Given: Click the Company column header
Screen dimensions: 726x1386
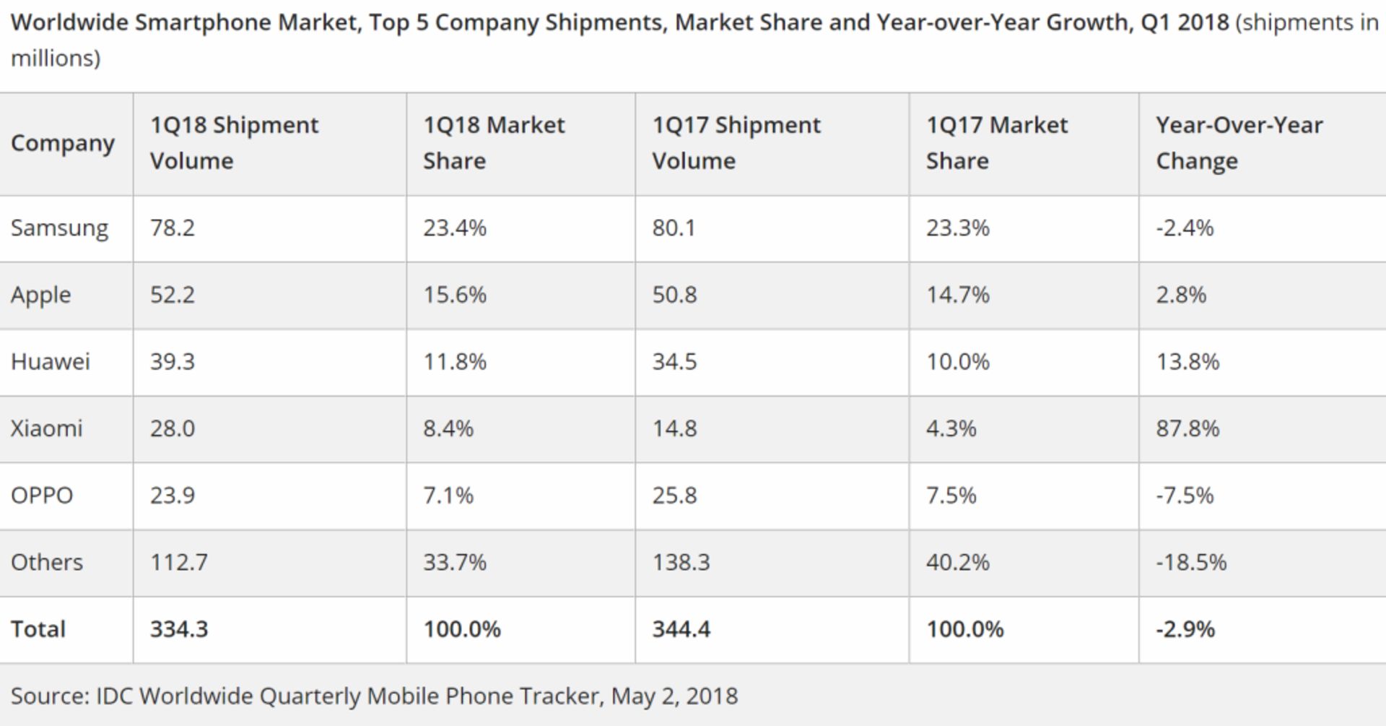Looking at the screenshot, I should coord(63,143).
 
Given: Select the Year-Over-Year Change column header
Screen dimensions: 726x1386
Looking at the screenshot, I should coord(1239,143).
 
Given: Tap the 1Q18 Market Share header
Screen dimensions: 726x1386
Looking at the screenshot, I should coord(494,143).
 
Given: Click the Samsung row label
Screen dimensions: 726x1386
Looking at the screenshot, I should coord(59,228).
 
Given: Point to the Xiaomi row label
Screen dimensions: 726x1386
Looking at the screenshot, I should coord(47,428).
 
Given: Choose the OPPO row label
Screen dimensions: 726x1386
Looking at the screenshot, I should coord(42,496).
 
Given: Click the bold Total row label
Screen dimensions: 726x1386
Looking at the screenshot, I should coord(38,629).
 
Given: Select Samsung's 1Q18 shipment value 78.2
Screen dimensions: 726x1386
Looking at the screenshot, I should coord(173,228).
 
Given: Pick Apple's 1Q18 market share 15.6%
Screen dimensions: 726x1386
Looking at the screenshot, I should coord(455,295).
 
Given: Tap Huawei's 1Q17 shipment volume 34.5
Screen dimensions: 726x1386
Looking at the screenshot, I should coord(674,361).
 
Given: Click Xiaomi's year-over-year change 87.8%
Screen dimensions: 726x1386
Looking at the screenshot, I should coord(1187,428).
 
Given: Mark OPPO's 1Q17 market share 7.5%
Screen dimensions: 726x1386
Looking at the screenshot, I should coord(951,496).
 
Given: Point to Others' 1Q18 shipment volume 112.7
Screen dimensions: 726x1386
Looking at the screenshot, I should coord(179,562).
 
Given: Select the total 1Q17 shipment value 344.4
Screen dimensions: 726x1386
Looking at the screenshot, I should coord(681,629).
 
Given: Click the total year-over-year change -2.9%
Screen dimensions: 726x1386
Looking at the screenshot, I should coord(1185,629).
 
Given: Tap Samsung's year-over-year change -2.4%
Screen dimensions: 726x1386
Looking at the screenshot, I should coord(1185,228).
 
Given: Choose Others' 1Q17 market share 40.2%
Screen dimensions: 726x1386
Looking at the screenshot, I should coord(957,562).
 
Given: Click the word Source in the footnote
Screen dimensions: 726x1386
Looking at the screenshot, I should coord(48,696).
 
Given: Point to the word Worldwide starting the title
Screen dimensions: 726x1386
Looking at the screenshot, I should coord(69,22).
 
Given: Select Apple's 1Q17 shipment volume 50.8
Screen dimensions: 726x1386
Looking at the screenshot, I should coord(674,295).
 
